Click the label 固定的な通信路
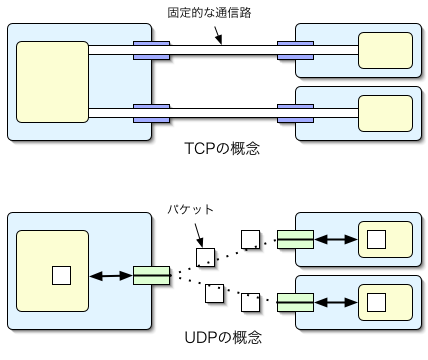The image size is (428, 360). click(215, 12)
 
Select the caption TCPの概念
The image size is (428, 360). click(222, 149)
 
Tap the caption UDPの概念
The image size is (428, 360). click(222, 338)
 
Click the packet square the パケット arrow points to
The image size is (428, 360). click(204, 256)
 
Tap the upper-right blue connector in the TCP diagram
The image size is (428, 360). click(295, 48)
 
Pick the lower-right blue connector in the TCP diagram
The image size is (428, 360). click(295, 110)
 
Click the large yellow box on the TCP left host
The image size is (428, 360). click(51, 79)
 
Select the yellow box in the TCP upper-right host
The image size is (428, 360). click(385, 49)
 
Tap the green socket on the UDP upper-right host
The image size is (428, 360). click(295, 239)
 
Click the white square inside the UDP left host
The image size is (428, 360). click(62, 274)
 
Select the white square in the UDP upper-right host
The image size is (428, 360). click(376, 239)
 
